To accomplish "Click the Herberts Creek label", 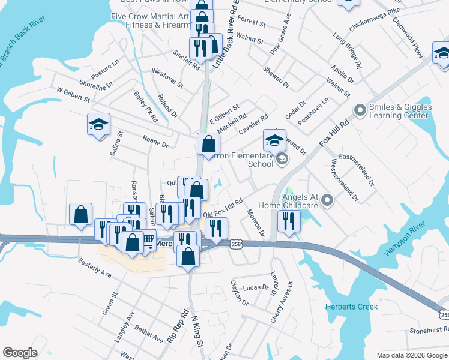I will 352,307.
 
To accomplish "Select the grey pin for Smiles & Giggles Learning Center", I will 360,110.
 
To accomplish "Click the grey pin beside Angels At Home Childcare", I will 327,200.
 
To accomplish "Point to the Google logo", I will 20,352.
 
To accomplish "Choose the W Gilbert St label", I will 73,94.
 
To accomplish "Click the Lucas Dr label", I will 257,288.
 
